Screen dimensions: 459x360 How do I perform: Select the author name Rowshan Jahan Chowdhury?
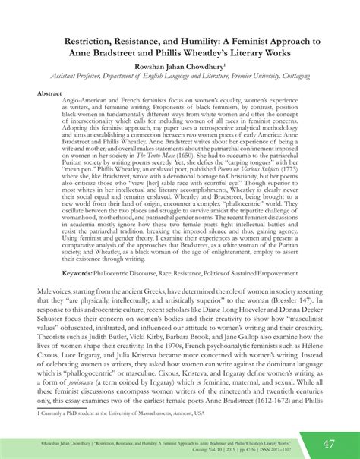180,67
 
